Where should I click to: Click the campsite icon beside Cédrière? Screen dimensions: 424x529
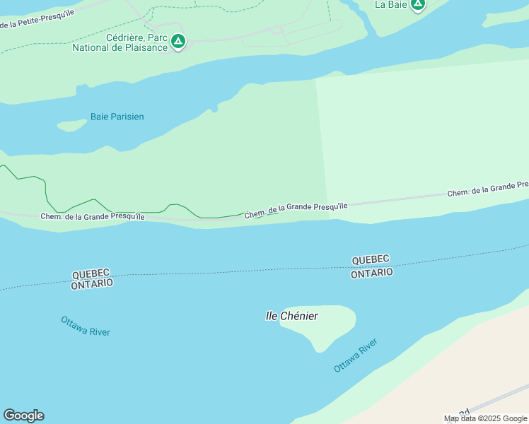pyautogui.click(x=178, y=42)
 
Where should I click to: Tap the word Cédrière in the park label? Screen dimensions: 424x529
pyautogui.click(x=122, y=38)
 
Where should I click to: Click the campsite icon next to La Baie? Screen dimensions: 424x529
pyautogui.click(x=418, y=5)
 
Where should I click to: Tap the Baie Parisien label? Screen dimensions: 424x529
pyautogui.click(x=117, y=117)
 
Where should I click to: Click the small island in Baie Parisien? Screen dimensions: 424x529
pyautogui.click(x=71, y=126)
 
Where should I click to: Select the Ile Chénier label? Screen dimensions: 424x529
pyautogui.click(x=291, y=316)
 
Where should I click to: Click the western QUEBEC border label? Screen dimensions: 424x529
pyautogui.click(x=91, y=273)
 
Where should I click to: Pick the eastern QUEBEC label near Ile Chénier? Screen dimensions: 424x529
pyautogui.click(x=371, y=260)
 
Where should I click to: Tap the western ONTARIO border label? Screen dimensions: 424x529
pyautogui.click(x=92, y=283)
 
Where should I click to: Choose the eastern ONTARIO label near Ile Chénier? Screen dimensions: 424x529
pyautogui.click(x=372, y=273)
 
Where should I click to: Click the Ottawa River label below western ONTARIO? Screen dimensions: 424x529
pyautogui.click(x=86, y=326)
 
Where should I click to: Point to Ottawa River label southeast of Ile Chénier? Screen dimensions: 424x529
pyautogui.click(x=356, y=355)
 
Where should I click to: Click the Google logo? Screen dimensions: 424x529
pyautogui.click(x=23, y=416)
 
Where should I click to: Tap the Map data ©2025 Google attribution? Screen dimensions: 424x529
pyautogui.click(x=485, y=418)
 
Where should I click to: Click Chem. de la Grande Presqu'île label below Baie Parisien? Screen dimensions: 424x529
pyautogui.click(x=93, y=217)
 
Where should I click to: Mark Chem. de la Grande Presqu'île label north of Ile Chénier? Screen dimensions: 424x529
pyautogui.click(x=296, y=210)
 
